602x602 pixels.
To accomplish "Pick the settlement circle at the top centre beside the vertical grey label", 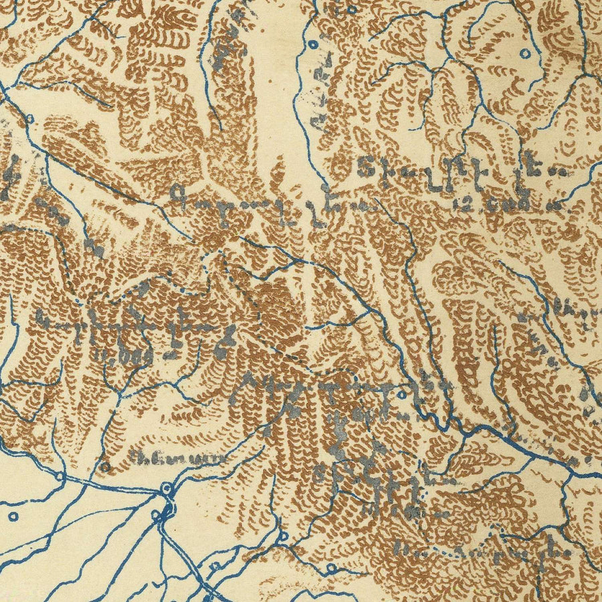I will (313, 45).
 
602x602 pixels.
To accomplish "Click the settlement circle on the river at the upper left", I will (29, 119).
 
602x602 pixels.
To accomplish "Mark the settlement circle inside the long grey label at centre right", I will (400, 395).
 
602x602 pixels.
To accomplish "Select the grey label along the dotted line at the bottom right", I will (482, 553).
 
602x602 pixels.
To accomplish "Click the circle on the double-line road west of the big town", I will (60, 477).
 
